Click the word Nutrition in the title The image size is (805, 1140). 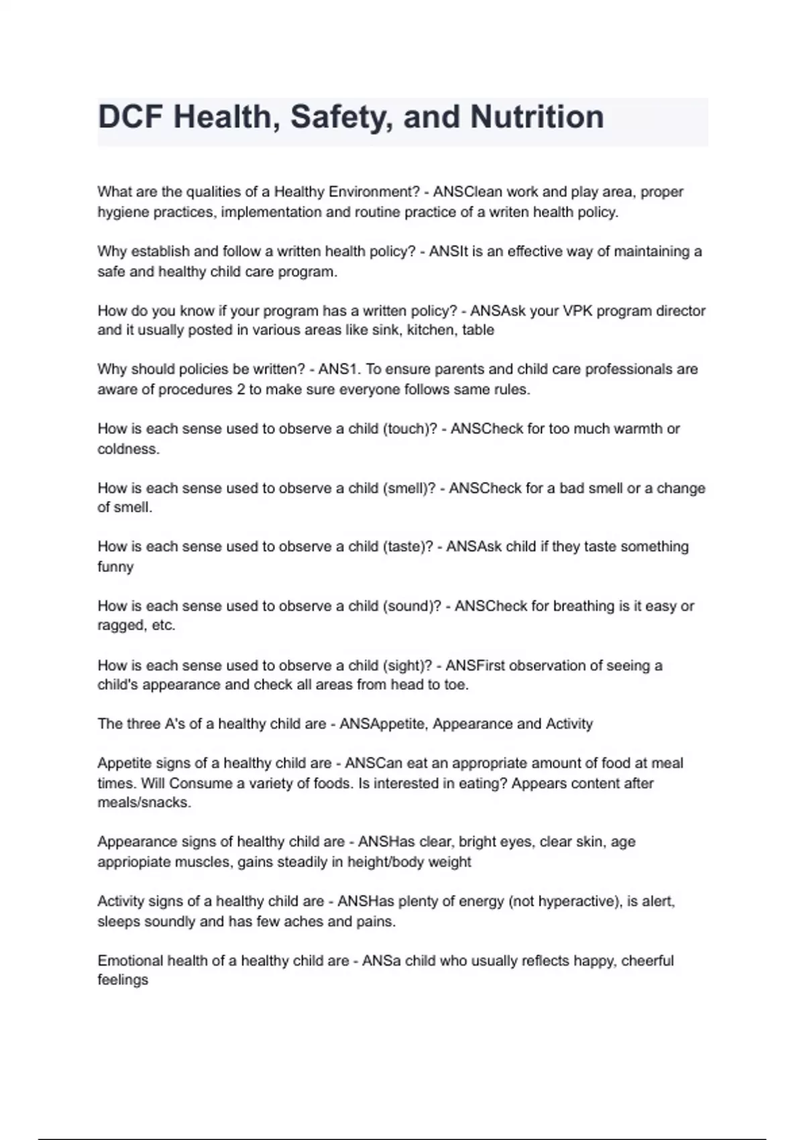coord(537,117)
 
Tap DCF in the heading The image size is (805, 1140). coord(131,117)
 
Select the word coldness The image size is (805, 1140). coord(128,449)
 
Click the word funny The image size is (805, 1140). coord(115,567)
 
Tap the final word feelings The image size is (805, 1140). coord(123,980)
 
